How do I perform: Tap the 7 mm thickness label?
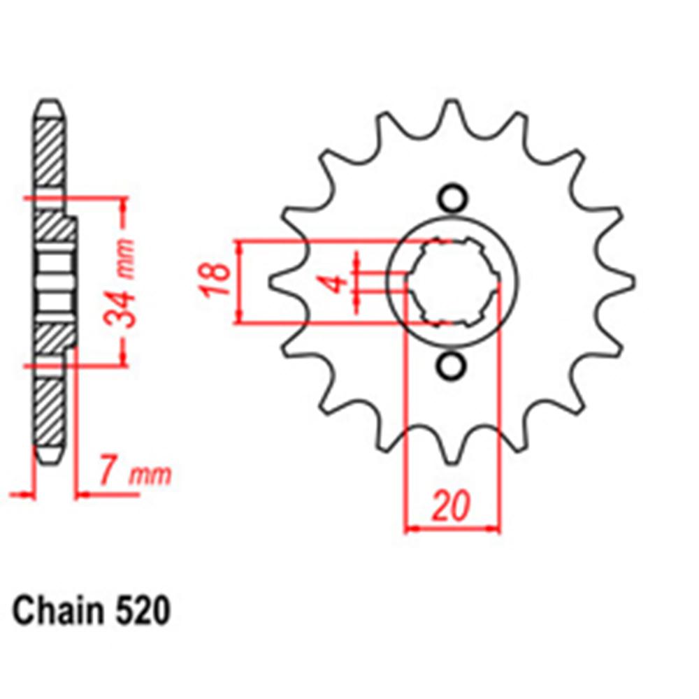[134, 475]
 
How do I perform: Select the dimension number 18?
[218, 281]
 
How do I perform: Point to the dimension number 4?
[337, 284]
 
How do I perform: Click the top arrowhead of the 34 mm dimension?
[124, 203]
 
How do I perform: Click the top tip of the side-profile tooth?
[49, 106]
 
